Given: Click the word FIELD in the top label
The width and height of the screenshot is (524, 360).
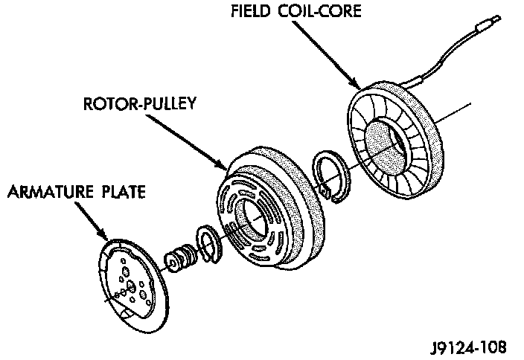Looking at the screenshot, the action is click(251, 11).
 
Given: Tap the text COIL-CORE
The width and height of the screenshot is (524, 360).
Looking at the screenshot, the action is click(320, 11).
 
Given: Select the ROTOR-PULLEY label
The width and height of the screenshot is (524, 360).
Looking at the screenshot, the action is click(140, 103).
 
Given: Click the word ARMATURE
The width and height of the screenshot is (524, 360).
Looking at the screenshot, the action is click(51, 192).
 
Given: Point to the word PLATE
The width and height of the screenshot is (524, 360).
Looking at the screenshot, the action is click(124, 192).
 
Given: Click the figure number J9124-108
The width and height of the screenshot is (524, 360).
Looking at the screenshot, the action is click(468, 347).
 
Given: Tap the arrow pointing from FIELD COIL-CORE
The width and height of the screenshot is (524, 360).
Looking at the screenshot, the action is click(327, 55).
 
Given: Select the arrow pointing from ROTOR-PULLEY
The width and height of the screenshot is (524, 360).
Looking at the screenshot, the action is click(187, 141).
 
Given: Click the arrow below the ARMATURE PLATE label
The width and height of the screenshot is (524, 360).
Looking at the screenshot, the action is click(91, 220).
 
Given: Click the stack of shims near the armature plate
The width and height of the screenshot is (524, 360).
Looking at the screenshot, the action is click(180, 257).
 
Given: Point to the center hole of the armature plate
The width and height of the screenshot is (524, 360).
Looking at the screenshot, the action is click(131, 286).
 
